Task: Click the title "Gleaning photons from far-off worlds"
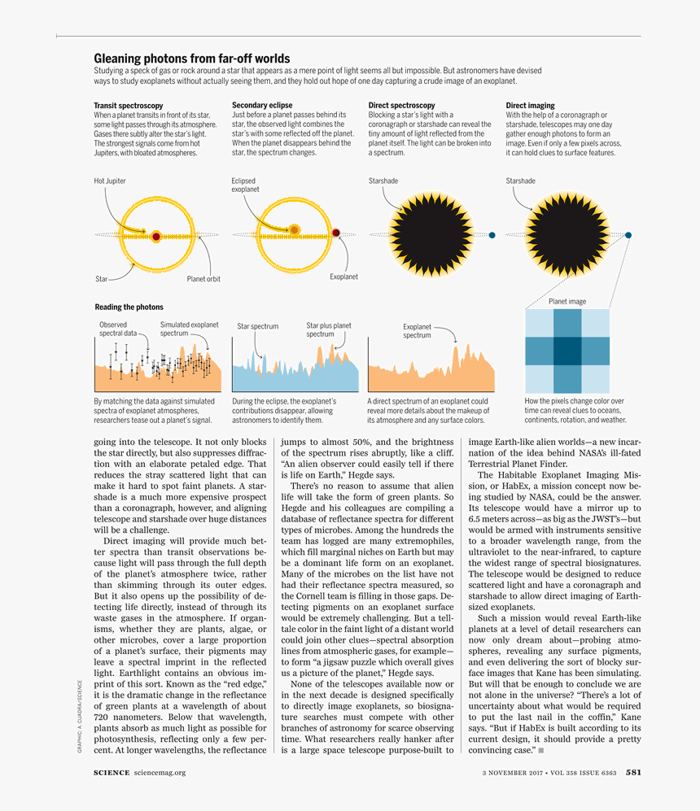click(x=191, y=59)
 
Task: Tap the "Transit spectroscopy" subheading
click(x=129, y=106)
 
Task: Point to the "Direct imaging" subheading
click(x=530, y=106)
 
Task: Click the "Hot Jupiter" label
click(x=110, y=181)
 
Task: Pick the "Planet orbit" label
click(x=203, y=279)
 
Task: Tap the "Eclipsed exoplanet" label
click(x=245, y=185)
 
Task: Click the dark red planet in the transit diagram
click(x=155, y=237)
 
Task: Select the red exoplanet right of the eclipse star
click(x=336, y=233)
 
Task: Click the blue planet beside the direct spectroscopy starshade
click(x=492, y=236)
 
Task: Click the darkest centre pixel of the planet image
click(x=567, y=351)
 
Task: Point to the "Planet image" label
click(x=567, y=302)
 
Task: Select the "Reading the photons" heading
click(x=129, y=307)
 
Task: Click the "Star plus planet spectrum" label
click(x=329, y=329)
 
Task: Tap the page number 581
click(x=633, y=773)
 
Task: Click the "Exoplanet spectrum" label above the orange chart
click(x=418, y=331)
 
